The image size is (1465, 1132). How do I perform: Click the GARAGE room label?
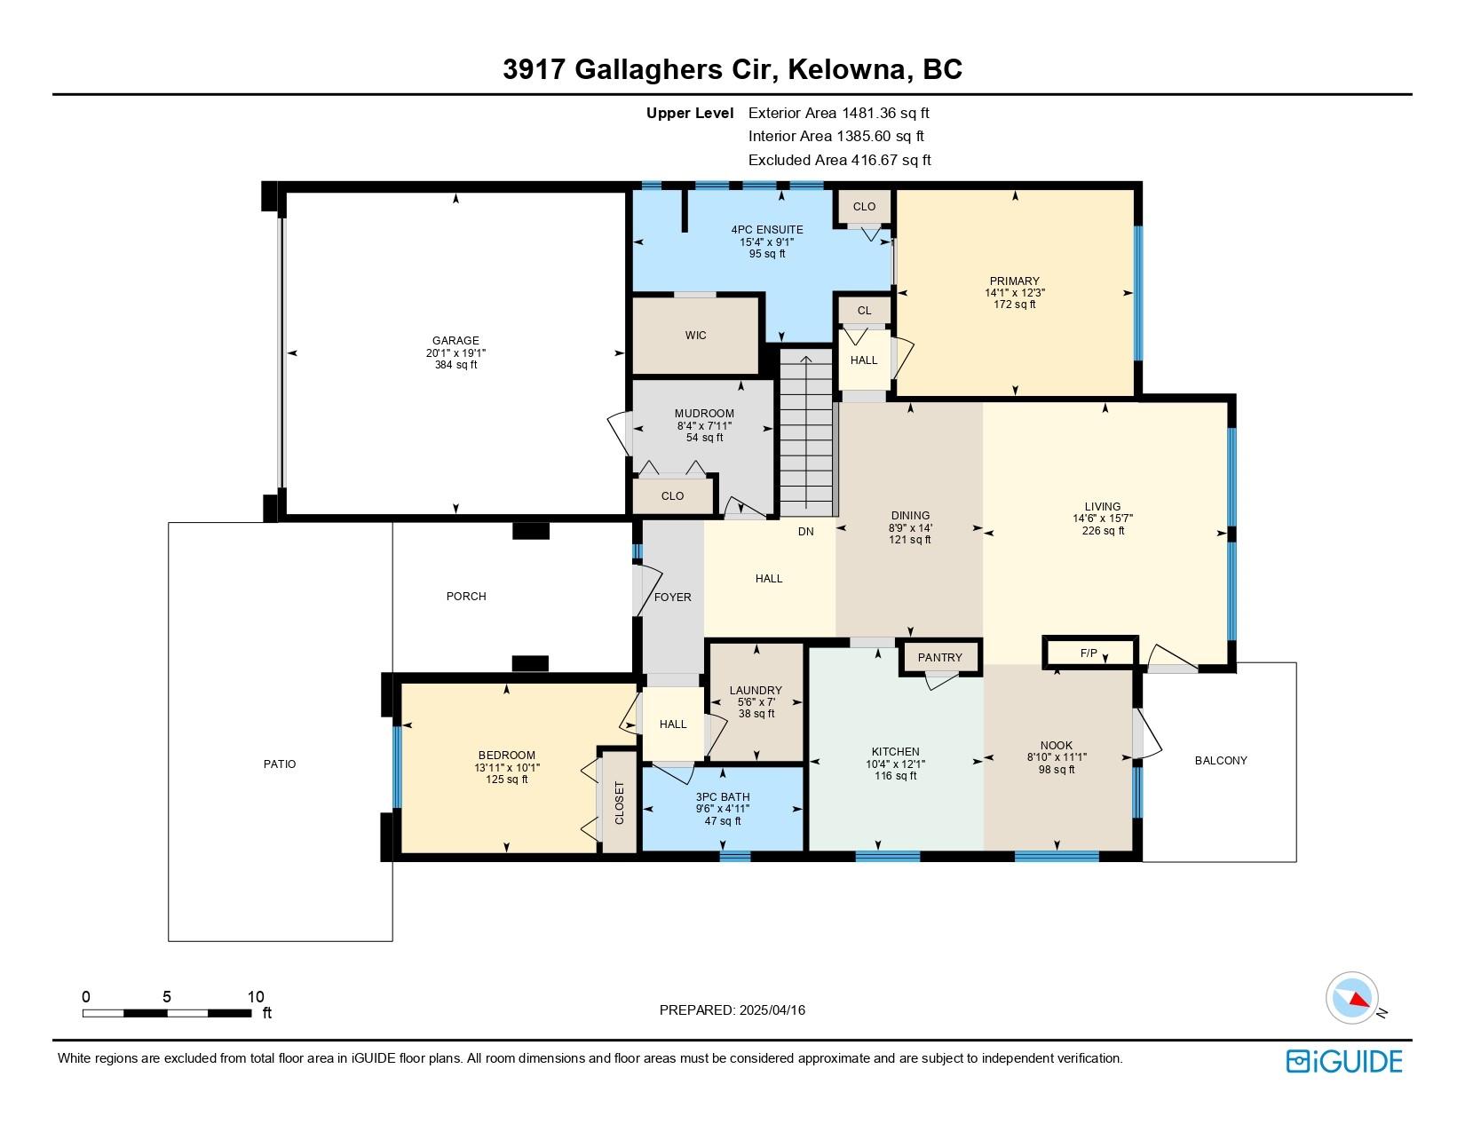coord(455,340)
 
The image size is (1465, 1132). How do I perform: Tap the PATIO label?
coord(280,764)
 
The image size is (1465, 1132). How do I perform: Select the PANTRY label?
coord(939,657)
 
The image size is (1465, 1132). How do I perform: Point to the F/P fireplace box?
coord(1090,653)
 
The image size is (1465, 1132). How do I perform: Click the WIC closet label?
coord(696,335)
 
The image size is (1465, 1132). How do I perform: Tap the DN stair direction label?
coord(805,531)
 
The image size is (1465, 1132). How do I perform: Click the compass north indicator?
coord(1351,999)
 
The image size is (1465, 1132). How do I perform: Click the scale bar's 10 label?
coord(256,996)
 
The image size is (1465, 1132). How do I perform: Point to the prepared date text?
coord(732,1010)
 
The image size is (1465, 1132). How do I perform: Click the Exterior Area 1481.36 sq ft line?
coord(839,114)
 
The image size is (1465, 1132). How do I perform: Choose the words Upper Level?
coord(690,114)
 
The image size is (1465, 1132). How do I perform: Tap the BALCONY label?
coord(1221,761)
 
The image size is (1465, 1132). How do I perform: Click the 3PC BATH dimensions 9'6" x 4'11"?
coord(723,808)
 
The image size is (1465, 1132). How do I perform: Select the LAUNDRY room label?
coord(756,691)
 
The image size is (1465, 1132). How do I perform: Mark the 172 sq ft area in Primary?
coord(1015,305)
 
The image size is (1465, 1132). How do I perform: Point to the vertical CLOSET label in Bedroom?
coord(620,803)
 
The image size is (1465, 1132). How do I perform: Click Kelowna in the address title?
coord(846,69)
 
